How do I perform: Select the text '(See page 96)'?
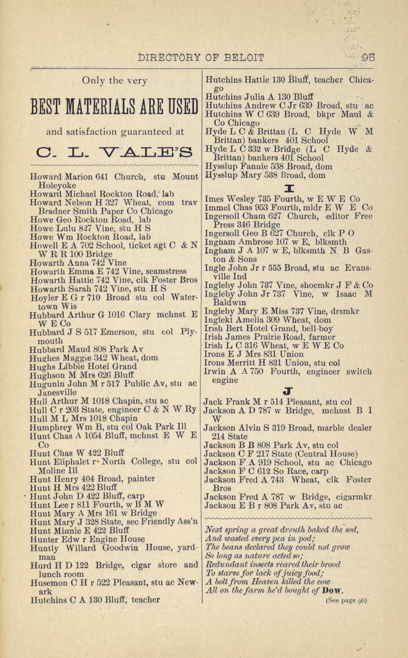[346, 601]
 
